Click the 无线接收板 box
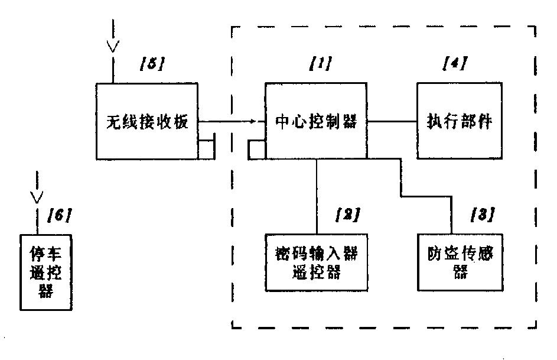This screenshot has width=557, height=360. (146, 122)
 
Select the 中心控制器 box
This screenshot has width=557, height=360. (315, 122)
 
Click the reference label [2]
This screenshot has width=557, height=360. (347, 214)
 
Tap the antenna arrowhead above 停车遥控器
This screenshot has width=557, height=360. (37, 196)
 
